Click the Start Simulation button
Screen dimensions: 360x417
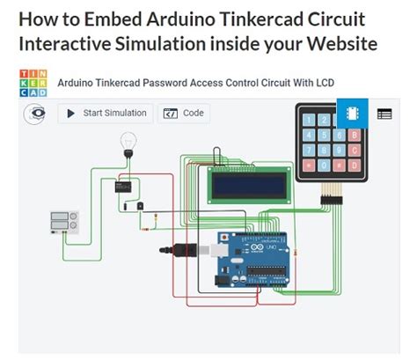pos(106,114)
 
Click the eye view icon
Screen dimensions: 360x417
pos(36,114)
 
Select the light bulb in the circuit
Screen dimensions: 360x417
pos(128,142)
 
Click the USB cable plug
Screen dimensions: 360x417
pos(186,250)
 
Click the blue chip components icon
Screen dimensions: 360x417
pos(349,114)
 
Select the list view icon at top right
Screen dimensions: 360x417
pos(384,114)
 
